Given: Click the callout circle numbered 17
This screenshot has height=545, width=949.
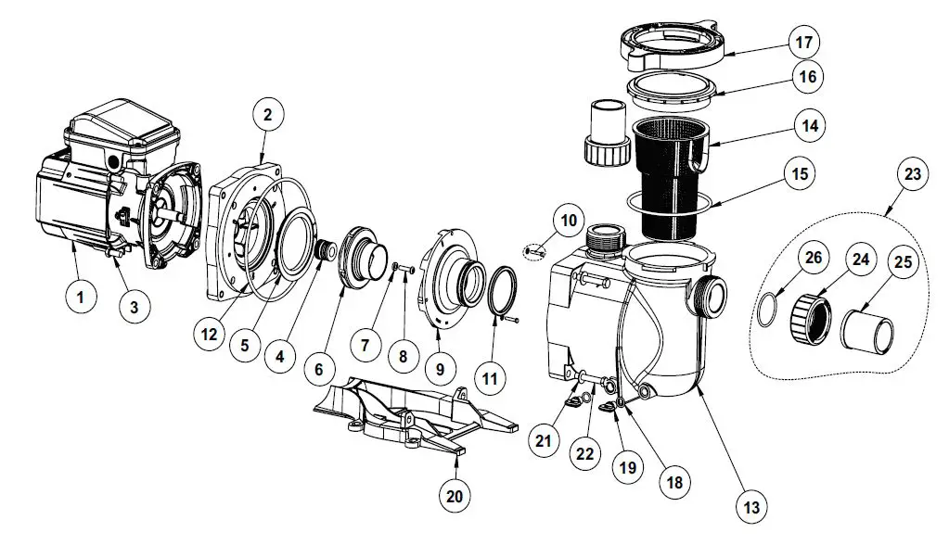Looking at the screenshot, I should (x=803, y=43).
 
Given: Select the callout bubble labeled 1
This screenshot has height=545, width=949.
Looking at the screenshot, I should (x=81, y=298).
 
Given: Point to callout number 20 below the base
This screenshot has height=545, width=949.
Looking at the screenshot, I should (x=454, y=496).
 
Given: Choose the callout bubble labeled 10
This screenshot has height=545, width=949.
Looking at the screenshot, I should (x=569, y=221).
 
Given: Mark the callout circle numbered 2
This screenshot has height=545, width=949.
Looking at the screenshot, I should (x=267, y=116).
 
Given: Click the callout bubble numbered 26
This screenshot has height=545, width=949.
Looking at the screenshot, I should (x=813, y=258).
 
